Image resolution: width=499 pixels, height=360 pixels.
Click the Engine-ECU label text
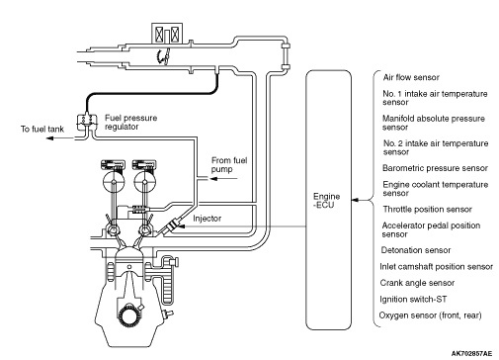326,201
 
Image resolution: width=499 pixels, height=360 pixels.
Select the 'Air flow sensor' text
411,77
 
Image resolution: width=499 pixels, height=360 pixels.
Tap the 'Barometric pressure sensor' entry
435,168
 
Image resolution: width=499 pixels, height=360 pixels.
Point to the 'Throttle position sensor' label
427,210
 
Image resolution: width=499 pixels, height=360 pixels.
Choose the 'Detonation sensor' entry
416,250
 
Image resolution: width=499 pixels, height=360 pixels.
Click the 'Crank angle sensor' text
417,283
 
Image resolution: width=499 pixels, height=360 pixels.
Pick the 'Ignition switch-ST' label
413,300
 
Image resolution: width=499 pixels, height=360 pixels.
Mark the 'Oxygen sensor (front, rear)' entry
430,315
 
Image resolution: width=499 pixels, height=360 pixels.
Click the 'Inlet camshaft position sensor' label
436,267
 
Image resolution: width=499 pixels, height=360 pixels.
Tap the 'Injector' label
207,219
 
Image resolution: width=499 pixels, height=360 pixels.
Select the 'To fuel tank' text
42,129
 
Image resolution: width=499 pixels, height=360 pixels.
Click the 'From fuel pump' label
229,165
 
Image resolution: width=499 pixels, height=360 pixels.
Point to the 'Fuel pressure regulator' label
130,123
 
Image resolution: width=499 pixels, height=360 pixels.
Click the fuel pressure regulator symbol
87,122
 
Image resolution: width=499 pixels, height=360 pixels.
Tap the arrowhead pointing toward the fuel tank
49,137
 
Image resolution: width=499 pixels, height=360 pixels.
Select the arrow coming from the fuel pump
223,179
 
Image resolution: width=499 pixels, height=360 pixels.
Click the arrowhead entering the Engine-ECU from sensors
355,200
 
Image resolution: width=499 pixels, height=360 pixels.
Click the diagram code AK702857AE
471,354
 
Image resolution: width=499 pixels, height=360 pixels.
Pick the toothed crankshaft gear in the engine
128,316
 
